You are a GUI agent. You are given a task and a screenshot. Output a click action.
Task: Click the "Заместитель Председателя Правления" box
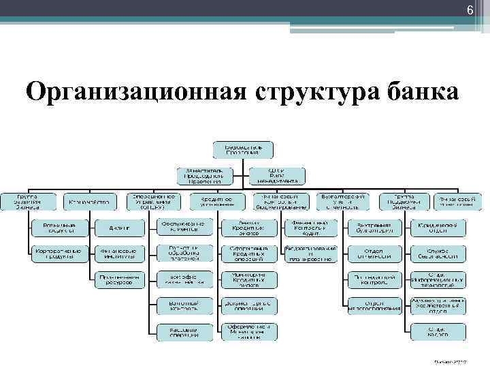click(201, 175)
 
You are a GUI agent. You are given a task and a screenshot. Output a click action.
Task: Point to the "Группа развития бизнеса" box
click(29, 201)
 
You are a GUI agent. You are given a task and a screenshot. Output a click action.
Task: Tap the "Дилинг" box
click(118, 226)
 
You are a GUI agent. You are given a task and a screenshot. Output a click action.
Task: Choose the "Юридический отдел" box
click(438, 226)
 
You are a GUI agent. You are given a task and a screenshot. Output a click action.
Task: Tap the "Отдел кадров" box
click(438, 331)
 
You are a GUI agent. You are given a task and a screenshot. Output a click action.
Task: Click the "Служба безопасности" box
click(438, 252)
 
